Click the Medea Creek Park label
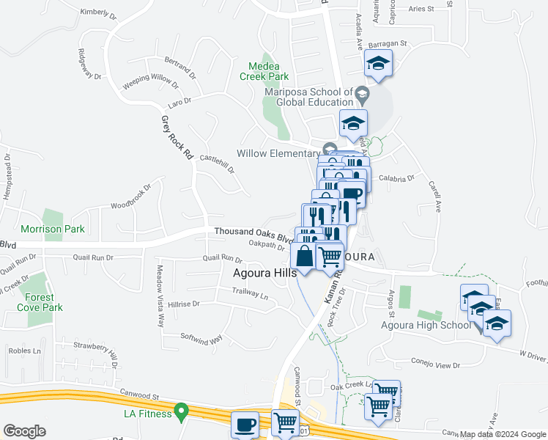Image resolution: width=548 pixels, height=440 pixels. [x=264, y=70]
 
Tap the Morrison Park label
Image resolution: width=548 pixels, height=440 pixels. [x=52, y=229]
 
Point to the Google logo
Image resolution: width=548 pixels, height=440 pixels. [x=24, y=431]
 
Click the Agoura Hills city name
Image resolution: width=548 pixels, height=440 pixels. [x=264, y=273]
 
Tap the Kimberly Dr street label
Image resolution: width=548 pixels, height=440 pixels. [x=99, y=12]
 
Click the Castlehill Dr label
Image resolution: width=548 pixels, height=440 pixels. [x=217, y=163]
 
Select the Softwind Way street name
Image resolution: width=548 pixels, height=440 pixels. [x=201, y=339]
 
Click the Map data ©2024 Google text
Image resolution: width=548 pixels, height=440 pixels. [x=503, y=433]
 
